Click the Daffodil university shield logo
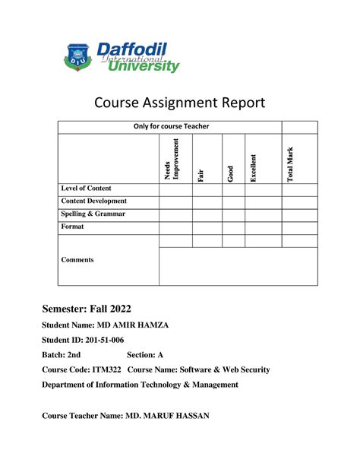coord(76,55)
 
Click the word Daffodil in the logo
coord(131,50)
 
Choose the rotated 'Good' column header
coord(230,174)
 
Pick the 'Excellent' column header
coord(254,167)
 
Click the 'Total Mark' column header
coord(289,163)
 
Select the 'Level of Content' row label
coord(86,188)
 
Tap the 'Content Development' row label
coord(93,201)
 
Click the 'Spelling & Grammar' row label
coord(93,214)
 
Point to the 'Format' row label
coord(73,227)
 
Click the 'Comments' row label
coord(77,259)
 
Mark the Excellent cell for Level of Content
coord(263,189)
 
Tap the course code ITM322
coord(108,369)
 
